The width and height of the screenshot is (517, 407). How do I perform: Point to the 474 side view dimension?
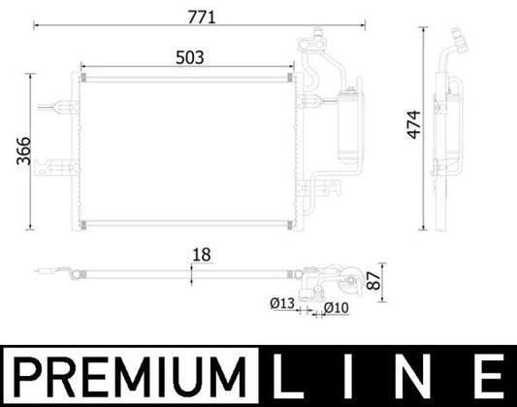[x=415, y=125]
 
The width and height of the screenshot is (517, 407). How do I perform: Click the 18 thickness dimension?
[x=201, y=255]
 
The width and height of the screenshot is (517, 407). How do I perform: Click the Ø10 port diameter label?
[x=335, y=307]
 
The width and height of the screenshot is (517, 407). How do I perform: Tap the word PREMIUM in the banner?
[x=128, y=373]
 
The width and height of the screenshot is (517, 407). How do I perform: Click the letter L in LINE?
[x=292, y=373]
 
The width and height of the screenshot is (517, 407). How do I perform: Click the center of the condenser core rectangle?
[x=187, y=153]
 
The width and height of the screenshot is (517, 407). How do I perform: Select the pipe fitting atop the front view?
[x=315, y=45]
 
